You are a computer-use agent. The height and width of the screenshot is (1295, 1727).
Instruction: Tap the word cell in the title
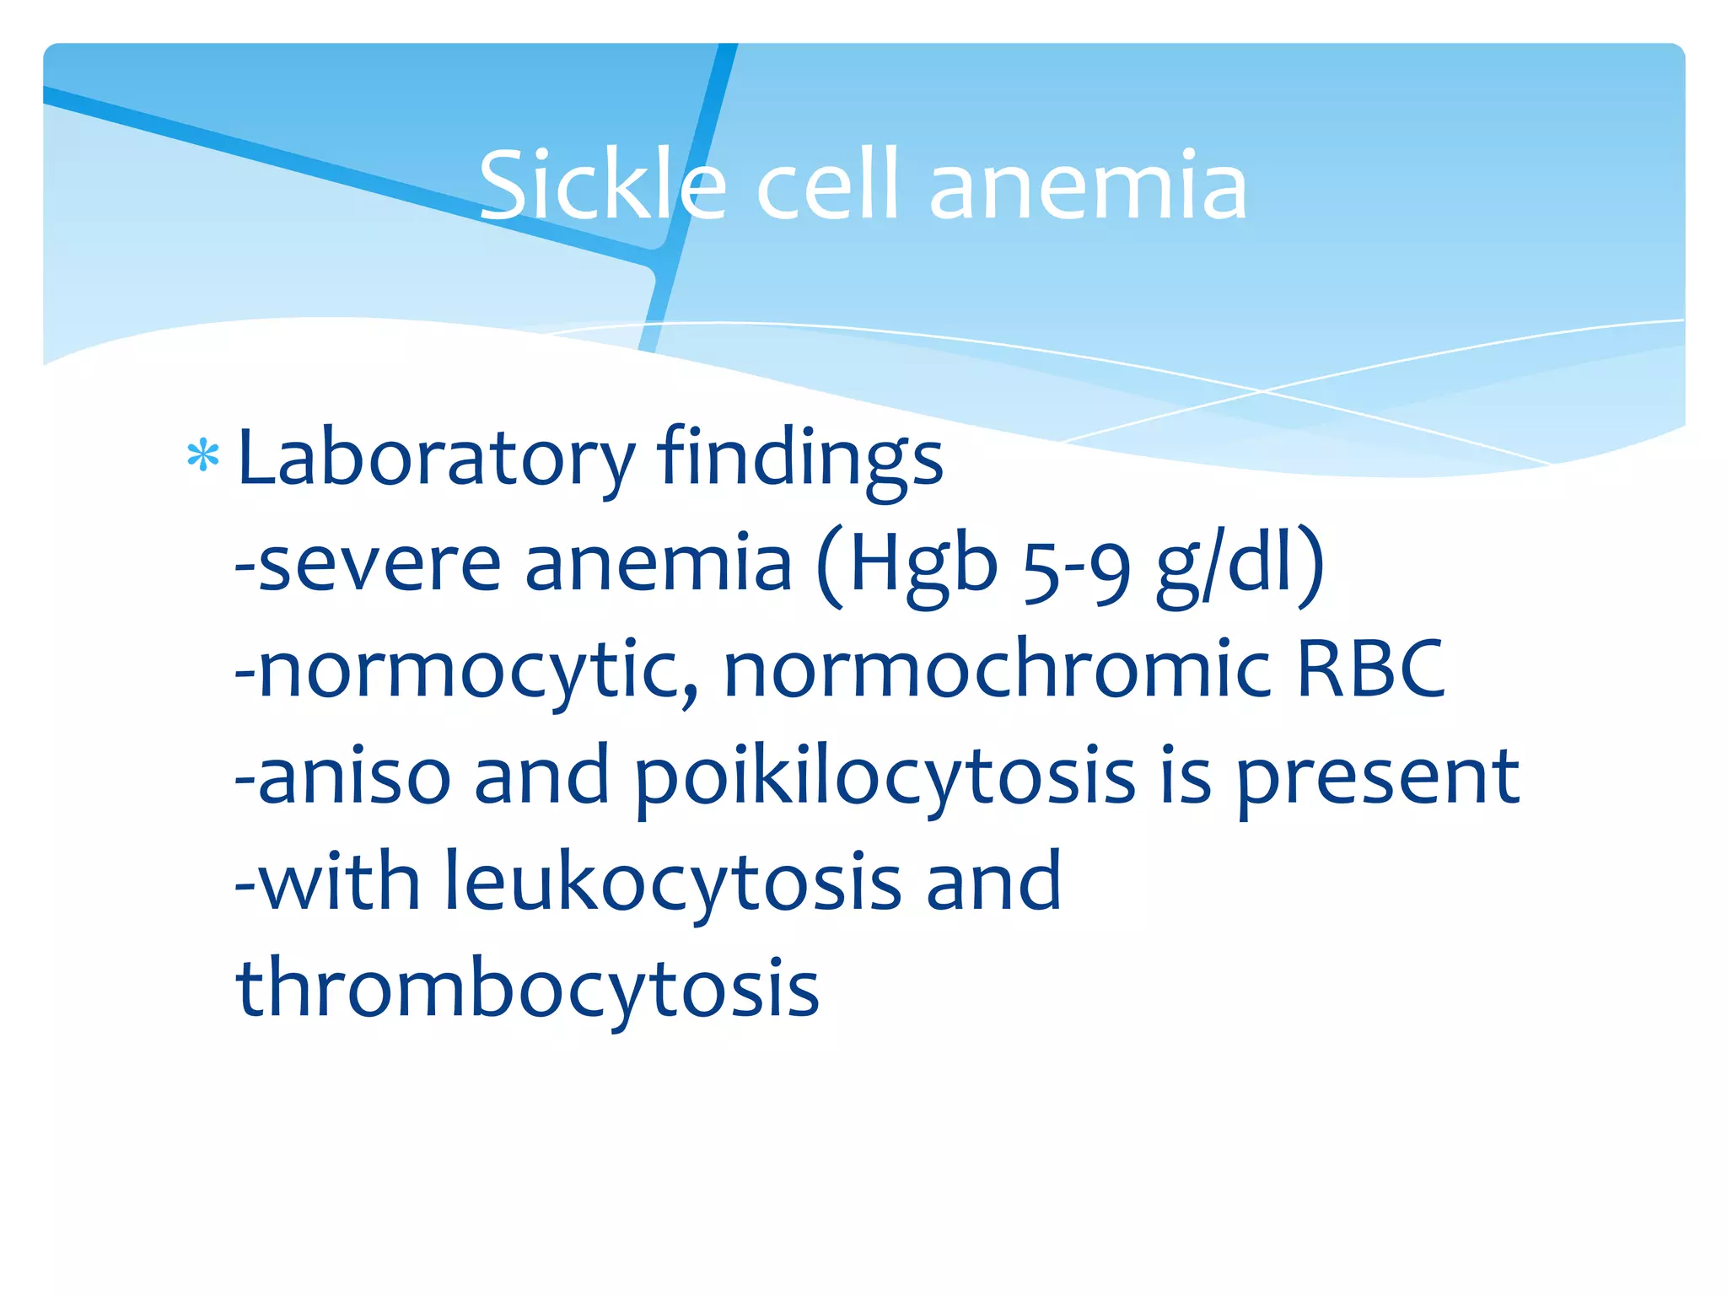tap(828, 185)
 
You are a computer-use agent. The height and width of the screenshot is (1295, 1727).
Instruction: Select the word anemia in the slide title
tap(1088, 185)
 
